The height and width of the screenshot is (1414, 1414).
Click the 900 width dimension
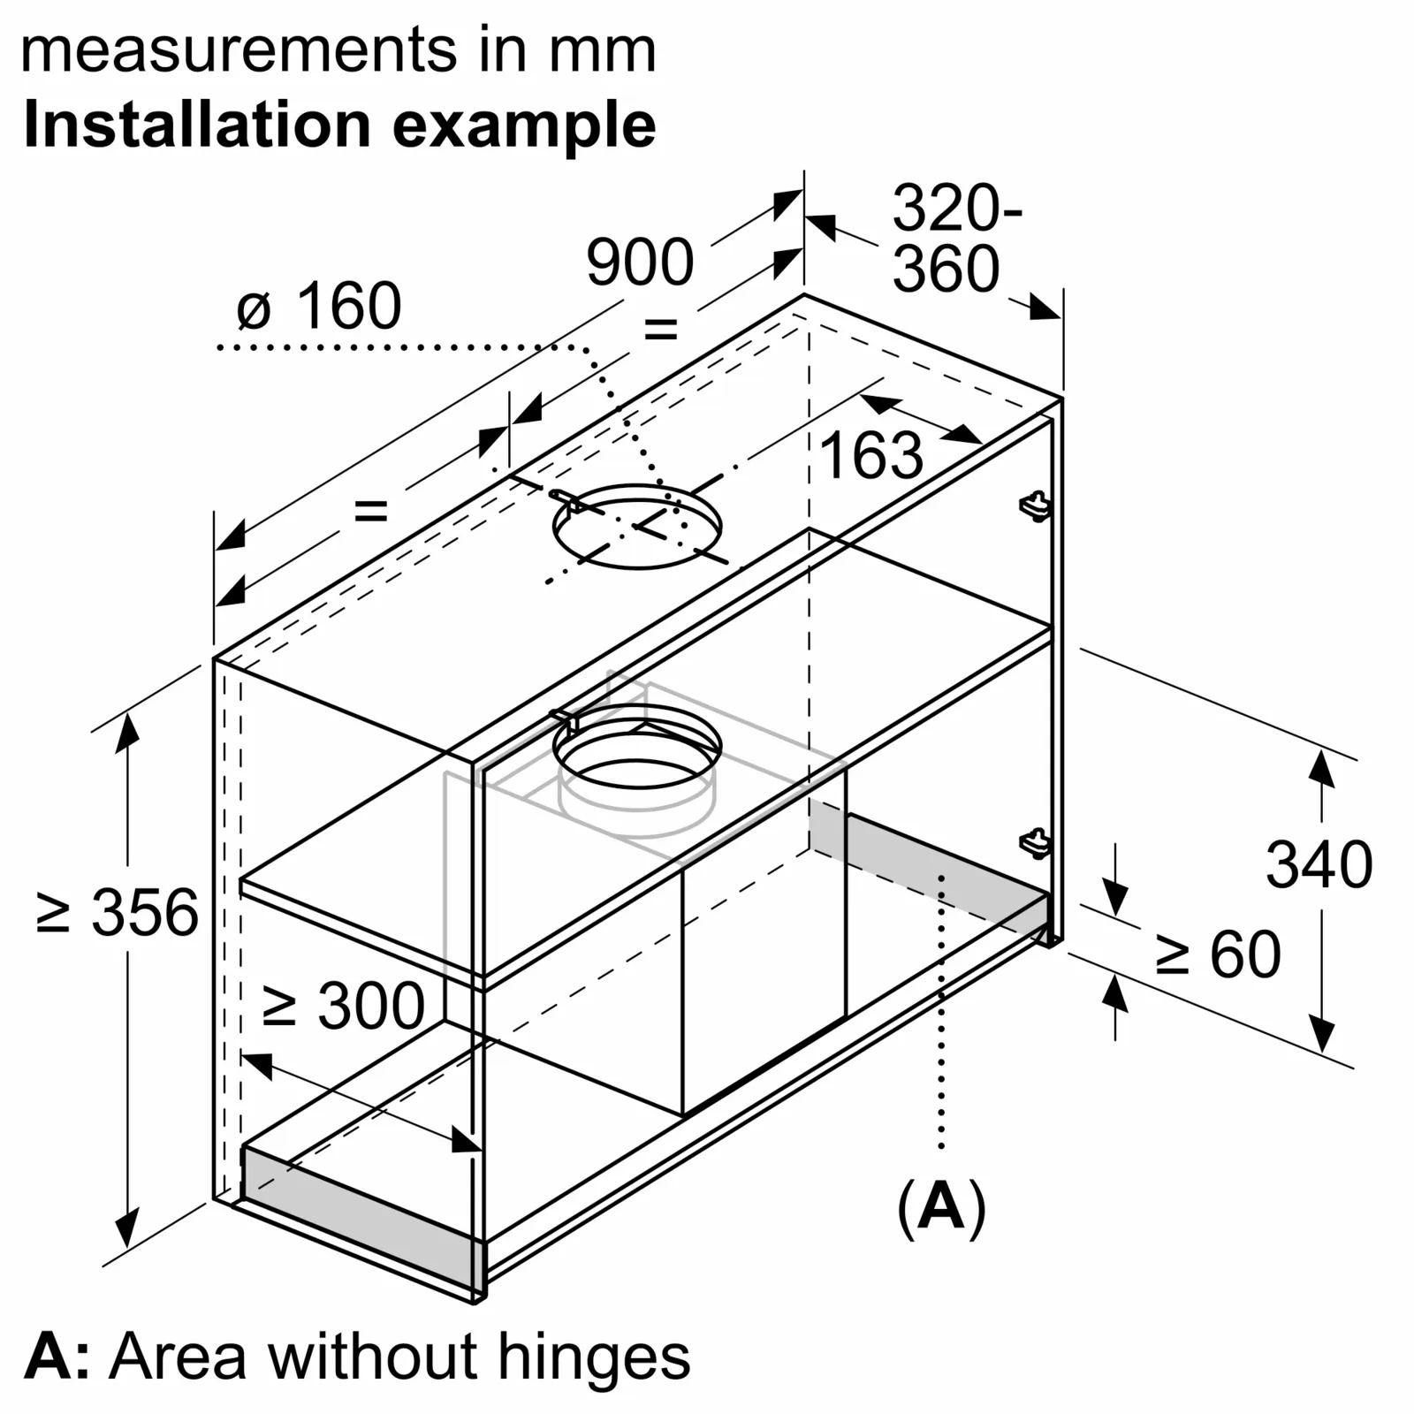tap(640, 262)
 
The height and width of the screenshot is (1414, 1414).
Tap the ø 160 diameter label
tap(319, 307)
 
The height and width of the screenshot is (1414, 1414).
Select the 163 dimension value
tap(870, 456)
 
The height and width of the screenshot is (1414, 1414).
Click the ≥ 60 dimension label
tap(1218, 954)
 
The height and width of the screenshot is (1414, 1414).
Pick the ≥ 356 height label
tap(118, 912)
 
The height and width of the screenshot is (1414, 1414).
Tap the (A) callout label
tap(941, 1206)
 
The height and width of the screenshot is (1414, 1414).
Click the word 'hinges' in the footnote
tap(593, 1357)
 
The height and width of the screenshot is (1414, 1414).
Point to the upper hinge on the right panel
tap(1035, 506)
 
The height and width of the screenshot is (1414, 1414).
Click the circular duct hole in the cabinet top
tap(636, 527)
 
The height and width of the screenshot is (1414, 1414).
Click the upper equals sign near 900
tap(660, 330)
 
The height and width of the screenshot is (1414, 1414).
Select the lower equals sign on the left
tap(370, 510)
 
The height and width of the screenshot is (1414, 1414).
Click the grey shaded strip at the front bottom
tap(362, 1220)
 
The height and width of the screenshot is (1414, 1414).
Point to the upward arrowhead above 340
tap(1321, 767)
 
